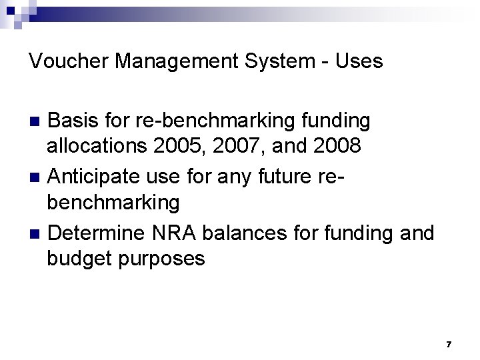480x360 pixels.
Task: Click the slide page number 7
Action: pyautogui.click(x=449, y=344)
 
